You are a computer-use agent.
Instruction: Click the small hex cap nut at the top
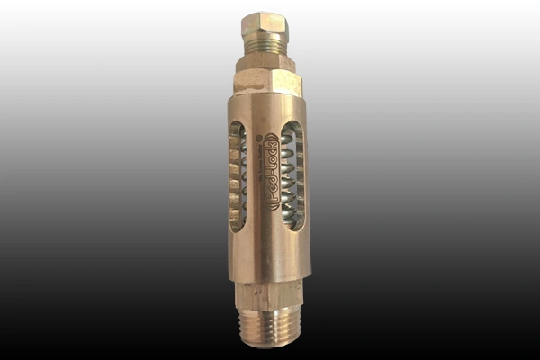(x=265, y=24)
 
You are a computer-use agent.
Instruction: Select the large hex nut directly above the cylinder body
(x=266, y=82)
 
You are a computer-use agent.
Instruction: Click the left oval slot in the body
(x=237, y=176)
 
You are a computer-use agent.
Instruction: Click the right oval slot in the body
(x=293, y=176)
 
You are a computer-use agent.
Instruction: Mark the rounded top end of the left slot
(x=238, y=127)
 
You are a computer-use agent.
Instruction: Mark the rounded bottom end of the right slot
(x=293, y=226)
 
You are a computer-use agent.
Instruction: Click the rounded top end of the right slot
(x=293, y=127)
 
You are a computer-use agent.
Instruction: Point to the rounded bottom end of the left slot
(x=237, y=226)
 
